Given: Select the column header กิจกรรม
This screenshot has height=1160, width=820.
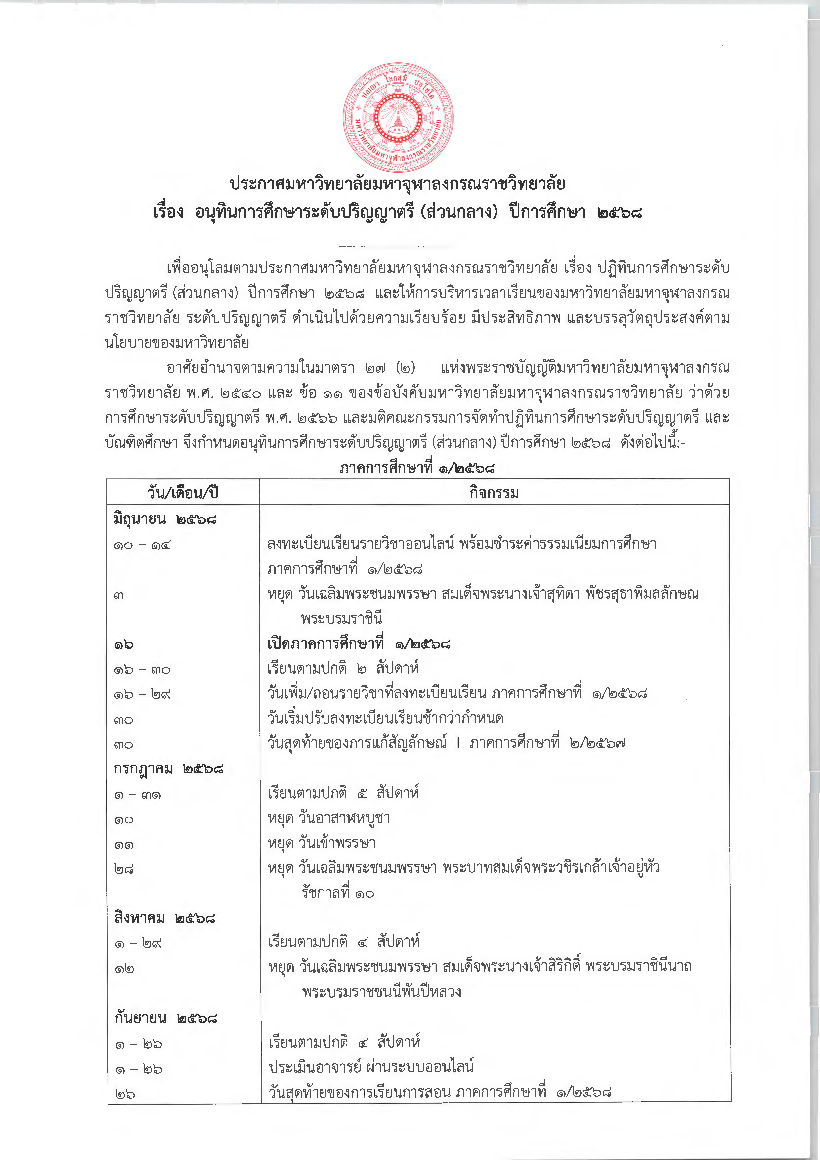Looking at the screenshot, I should coord(494,492).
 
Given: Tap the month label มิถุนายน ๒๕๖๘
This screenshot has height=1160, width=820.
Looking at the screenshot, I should coord(165,519).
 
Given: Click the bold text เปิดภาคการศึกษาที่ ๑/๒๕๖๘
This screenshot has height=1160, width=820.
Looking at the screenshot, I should coord(358,644).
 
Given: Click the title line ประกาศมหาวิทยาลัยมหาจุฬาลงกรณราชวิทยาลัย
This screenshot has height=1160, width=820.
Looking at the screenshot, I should coord(397,184).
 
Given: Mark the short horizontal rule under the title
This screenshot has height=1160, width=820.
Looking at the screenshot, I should coord(396,246).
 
